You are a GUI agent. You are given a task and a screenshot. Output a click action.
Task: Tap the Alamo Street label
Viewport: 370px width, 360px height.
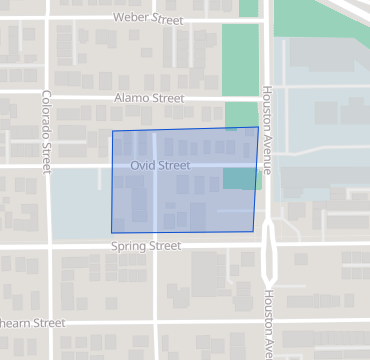coord(149,98)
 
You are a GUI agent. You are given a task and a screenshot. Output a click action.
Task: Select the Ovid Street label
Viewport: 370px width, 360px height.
coord(160,165)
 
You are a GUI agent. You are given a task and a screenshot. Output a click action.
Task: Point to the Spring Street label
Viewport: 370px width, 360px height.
coord(146,245)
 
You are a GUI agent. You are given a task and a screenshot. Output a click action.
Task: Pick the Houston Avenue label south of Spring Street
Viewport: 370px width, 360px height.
coord(268,324)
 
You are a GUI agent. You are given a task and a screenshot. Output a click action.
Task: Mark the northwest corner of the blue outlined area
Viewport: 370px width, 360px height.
coord(112,131)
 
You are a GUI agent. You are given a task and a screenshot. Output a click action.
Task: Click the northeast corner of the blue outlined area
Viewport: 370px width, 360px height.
coord(258,127)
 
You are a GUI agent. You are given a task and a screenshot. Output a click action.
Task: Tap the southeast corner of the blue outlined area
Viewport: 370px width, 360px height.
coord(254,232)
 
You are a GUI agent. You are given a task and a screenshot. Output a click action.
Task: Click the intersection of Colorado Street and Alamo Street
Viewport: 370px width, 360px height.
coord(47,98)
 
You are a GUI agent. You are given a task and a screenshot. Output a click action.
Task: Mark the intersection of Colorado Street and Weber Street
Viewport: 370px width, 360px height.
coord(47,18)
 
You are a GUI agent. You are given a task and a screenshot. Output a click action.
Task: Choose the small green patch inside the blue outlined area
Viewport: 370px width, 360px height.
coord(242,178)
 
